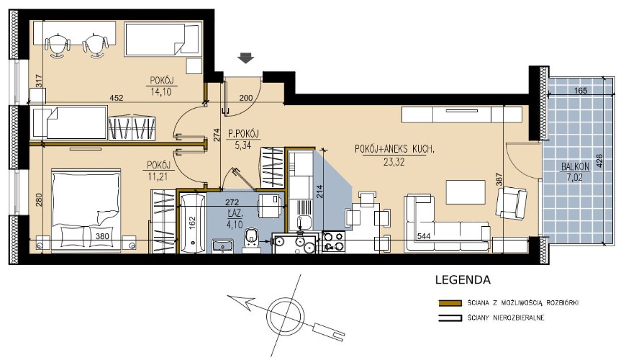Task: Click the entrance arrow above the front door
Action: click(x=245, y=58)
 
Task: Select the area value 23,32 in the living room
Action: click(x=394, y=162)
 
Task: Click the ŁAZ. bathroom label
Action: click(x=235, y=215)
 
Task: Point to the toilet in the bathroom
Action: click(x=251, y=240)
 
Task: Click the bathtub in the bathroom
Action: click(x=193, y=223)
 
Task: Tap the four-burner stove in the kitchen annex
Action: click(x=333, y=241)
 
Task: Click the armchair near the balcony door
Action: click(x=512, y=203)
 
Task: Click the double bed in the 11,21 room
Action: click(x=86, y=210)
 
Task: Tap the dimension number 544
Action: click(x=423, y=236)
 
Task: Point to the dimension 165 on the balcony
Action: click(x=580, y=91)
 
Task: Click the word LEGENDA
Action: click(x=463, y=279)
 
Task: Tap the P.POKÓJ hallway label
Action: click(x=243, y=134)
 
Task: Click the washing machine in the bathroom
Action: click(x=270, y=206)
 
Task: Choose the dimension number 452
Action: click(x=117, y=97)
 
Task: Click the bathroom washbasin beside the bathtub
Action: click(x=222, y=246)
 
